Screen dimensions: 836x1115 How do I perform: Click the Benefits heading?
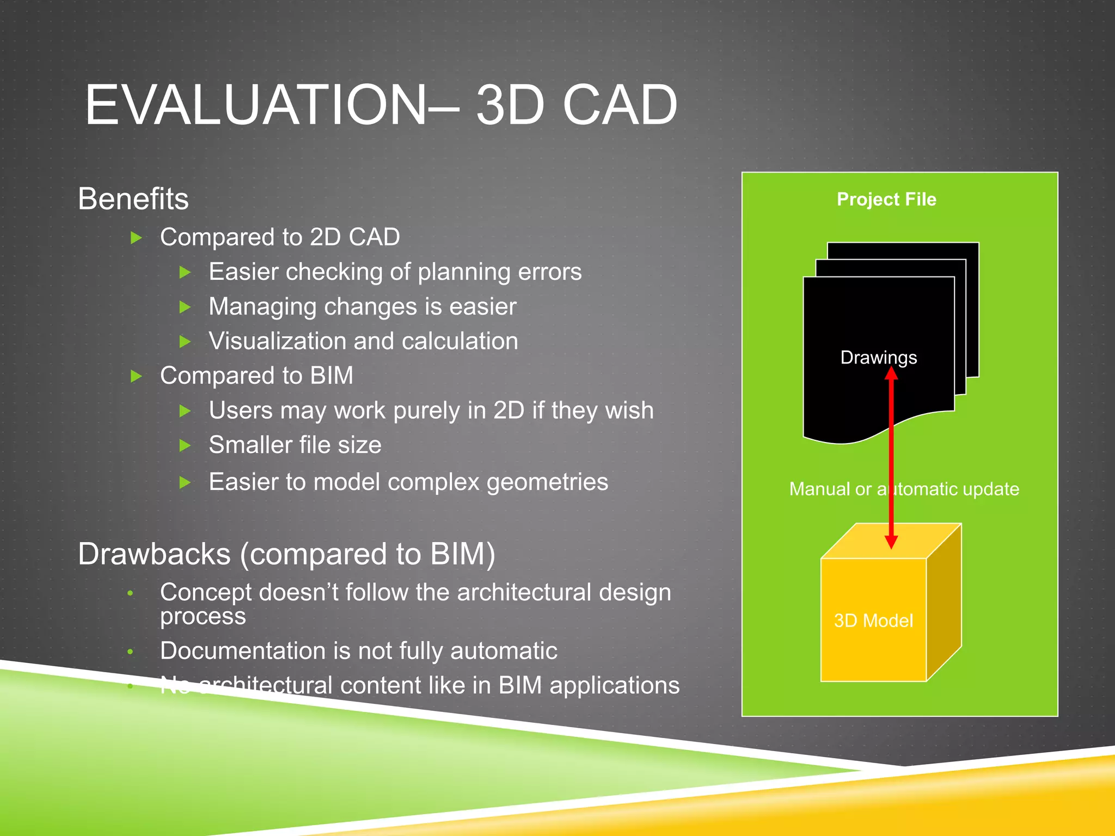133,199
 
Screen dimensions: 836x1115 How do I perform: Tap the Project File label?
886,199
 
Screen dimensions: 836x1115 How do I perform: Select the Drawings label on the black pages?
878,357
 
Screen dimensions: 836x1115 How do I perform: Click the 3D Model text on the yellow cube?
873,620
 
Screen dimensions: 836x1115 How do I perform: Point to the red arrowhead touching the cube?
891,541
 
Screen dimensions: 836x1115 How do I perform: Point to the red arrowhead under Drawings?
891,374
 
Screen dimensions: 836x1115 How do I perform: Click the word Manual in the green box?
819,489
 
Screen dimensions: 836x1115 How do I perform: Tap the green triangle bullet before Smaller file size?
185,446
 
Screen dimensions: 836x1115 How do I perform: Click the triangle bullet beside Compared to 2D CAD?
137,237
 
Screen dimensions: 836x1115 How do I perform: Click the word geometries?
547,482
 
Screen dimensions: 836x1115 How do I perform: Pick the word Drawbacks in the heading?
154,554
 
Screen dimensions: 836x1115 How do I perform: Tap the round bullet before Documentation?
130,651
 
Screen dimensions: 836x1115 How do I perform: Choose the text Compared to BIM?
256,376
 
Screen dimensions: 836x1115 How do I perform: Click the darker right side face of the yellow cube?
944,604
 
